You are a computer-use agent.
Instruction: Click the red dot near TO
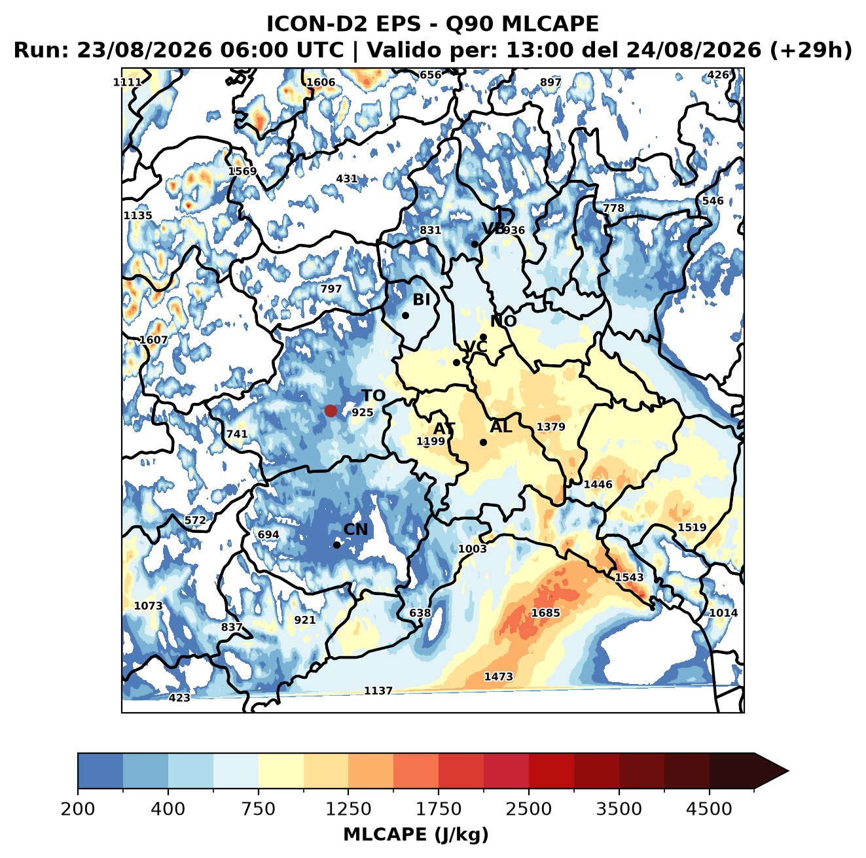[331, 411]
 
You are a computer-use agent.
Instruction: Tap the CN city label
[355, 530]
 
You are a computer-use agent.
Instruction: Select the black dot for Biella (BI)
[405, 316]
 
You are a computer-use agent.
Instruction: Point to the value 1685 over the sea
[545, 613]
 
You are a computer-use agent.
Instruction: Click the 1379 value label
[550, 426]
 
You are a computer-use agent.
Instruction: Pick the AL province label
[501, 426]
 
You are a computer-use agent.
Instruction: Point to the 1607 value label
[153, 340]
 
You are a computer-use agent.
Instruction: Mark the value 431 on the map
[347, 179]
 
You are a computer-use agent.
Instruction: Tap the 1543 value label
[629, 577]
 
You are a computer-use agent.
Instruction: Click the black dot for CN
[336, 545]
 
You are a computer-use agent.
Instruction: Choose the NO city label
[503, 322]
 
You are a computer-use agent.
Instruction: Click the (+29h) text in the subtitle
[810, 50]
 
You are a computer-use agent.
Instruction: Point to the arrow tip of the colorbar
[788, 771]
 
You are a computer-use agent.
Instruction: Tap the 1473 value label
[498, 677]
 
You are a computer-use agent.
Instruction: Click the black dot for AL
[483, 442]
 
